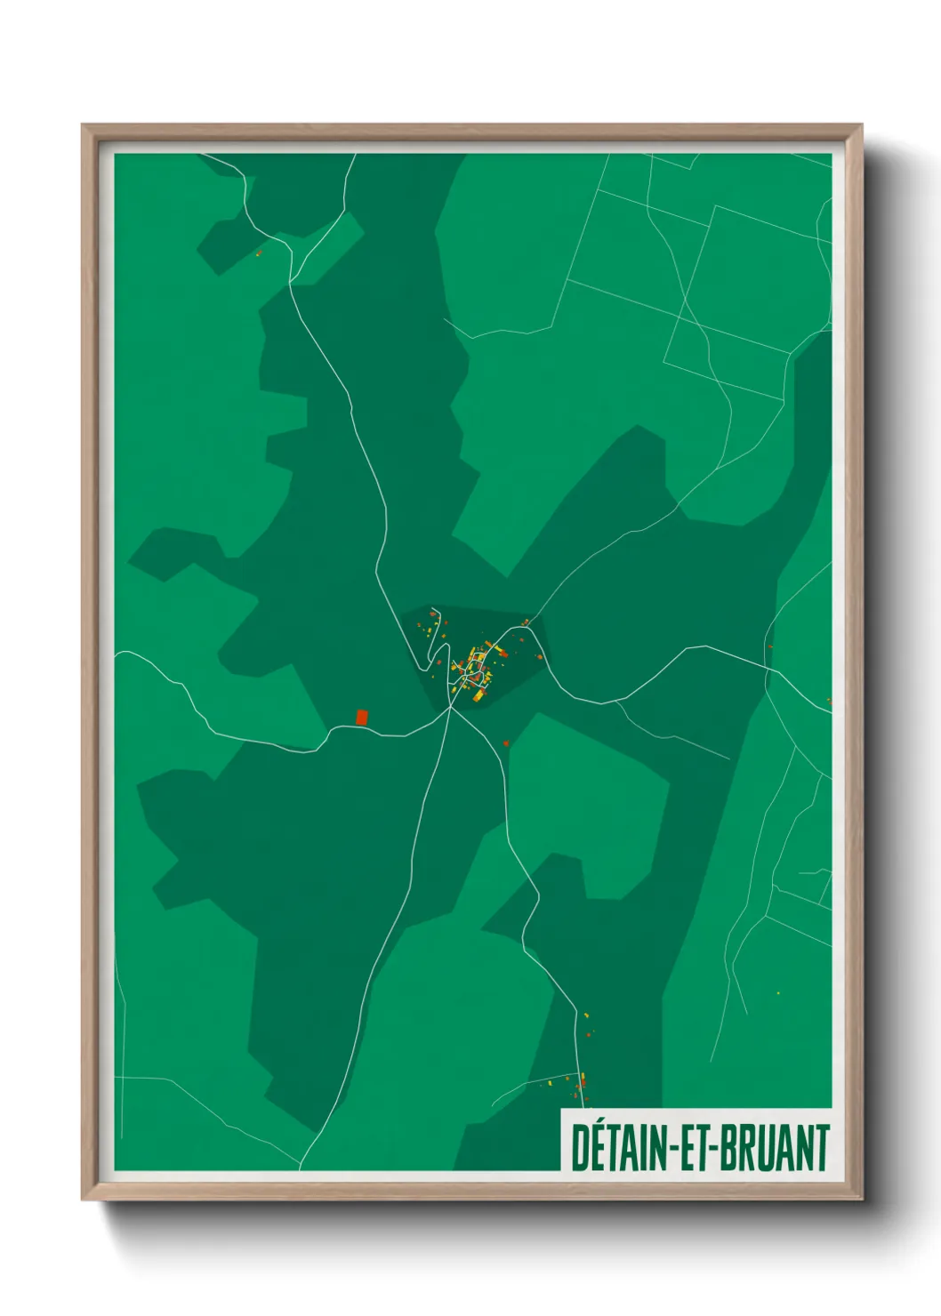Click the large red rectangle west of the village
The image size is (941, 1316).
point(361,717)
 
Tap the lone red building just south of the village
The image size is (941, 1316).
point(505,743)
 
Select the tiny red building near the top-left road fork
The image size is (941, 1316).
point(259,253)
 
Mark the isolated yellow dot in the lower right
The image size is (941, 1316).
point(778,993)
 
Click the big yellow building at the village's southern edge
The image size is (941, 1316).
point(478,696)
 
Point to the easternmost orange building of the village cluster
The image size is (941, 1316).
point(540,657)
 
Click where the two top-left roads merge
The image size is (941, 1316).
point(291,283)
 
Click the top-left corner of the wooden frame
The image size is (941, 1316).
point(83,125)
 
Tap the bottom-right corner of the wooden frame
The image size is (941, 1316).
point(861,1199)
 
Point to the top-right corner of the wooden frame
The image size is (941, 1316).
point(861,125)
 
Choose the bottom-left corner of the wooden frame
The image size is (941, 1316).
point(83,1199)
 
